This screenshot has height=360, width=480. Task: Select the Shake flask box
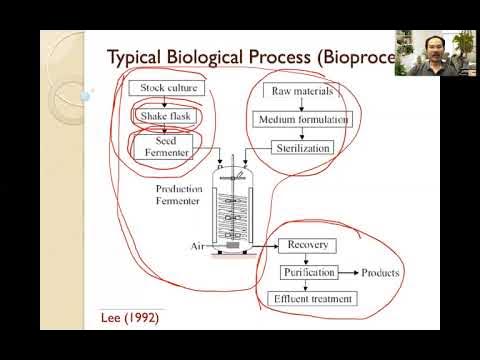(167, 118)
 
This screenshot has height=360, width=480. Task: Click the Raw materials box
(301, 91)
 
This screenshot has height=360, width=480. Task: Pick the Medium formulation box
(303, 119)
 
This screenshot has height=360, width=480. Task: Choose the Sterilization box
(301, 148)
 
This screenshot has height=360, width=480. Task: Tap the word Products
(381, 272)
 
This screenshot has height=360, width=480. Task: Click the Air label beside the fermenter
(198, 245)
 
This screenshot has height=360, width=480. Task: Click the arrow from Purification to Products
(346, 272)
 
